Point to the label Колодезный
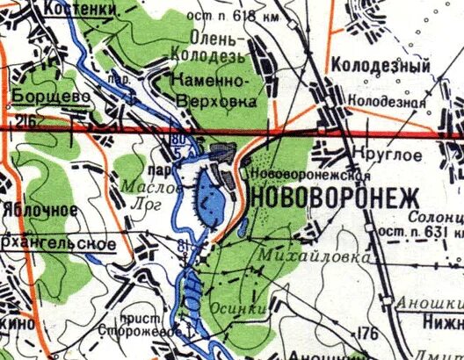tap(380, 67)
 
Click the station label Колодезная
tap(388, 101)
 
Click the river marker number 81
tap(182, 244)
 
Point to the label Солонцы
tap(440, 216)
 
